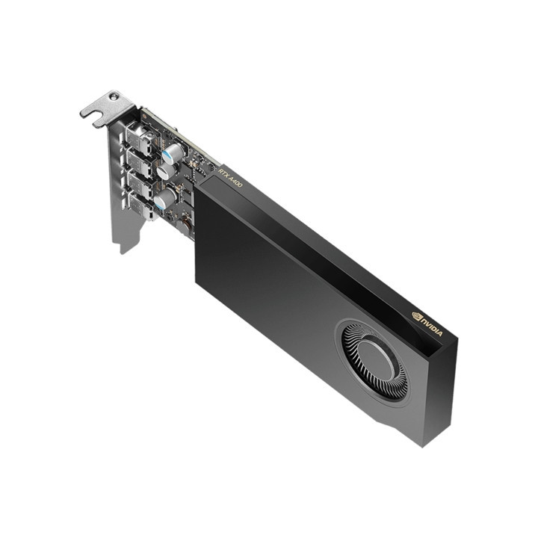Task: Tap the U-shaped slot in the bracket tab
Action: click(x=90, y=112)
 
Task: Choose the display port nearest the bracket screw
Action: click(x=137, y=137)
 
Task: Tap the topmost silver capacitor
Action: click(x=173, y=152)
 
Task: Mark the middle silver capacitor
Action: click(x=166, y=171)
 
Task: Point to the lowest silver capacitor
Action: click(x=164, y=198)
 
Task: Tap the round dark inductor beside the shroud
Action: click(x=184, y=223)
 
